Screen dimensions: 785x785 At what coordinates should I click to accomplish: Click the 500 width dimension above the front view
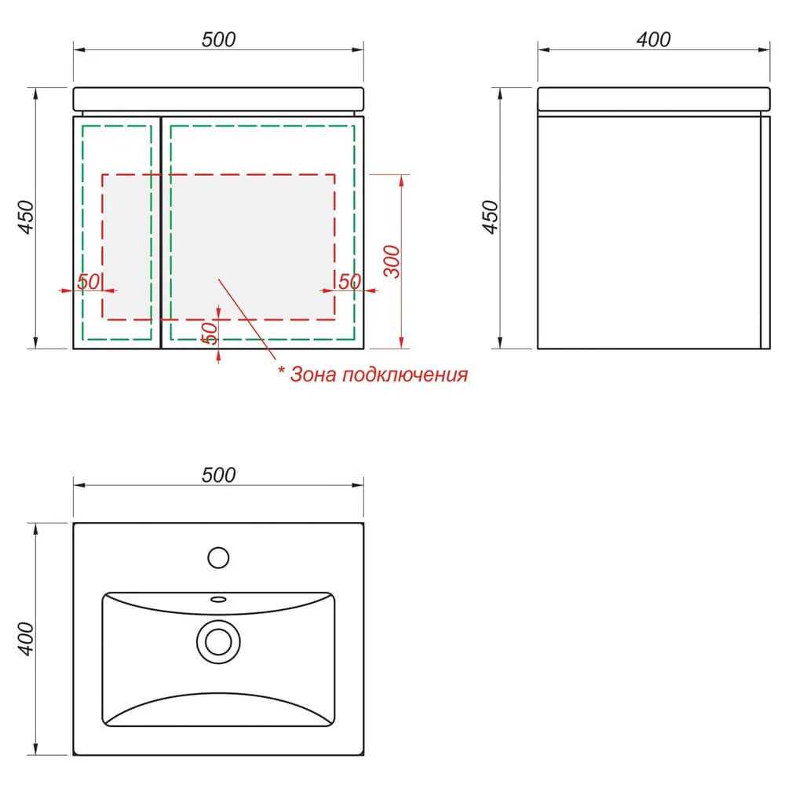[x=218, y=39]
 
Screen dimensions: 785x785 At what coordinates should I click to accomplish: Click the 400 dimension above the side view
[x=653, y=39]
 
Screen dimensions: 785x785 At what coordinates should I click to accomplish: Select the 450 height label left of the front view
[x=26, y=217]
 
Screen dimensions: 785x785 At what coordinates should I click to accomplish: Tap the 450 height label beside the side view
[x=490, y=217]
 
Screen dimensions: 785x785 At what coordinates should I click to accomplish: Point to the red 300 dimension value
[x=392, y=261]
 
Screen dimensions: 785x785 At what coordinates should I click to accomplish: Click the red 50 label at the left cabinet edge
[x=89, y=281]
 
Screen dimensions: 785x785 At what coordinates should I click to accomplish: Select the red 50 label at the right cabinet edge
[x=349, y=281]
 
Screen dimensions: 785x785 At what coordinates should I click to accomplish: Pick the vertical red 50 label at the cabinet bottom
[x=210, y=333]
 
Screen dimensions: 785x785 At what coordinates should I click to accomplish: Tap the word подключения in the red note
[x=405, y=375]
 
